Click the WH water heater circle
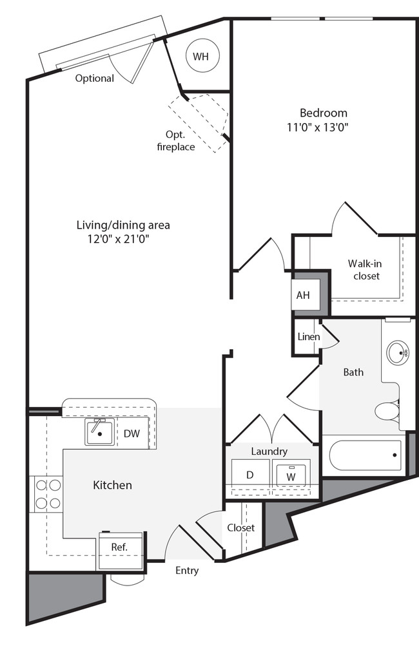coord(201,57)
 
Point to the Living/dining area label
coord(123,225)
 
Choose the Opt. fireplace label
coord(176,141)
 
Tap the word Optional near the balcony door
coord(94,79)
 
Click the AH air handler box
coord(303,296)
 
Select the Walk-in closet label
coord(364,269)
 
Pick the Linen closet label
coord(308,337)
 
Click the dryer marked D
coord(249,475)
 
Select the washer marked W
coord(292,475)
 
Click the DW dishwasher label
coord(132,433)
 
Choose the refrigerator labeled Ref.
coord(119,547)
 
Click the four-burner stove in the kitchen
coord(46,493)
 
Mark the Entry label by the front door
coord(187,570)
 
